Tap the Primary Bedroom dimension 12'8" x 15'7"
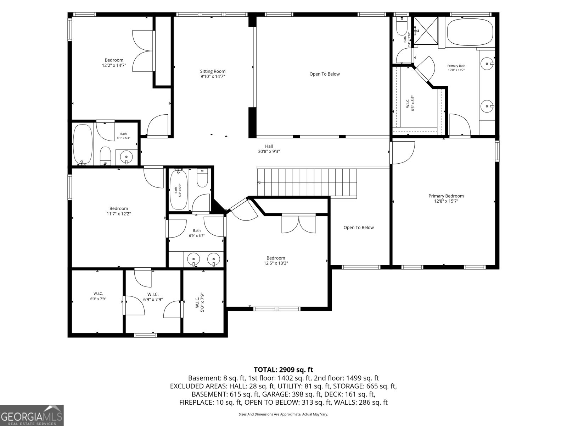[x=446, y=201]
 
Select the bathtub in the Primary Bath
[x=470, y=32]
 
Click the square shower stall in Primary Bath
[x=426, y=31]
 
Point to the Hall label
[x=269, y=146]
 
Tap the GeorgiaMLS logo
[x=32, y=415]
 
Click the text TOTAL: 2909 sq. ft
[x=283, y=370]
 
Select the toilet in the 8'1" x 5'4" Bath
[x=105, y=156]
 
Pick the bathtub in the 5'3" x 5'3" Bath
[x=178, y=189]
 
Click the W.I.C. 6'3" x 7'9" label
[x=98, y=296]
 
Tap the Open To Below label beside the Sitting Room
[x=325, y=74]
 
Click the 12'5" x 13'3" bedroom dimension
[x=276, y=263]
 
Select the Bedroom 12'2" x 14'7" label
[x=114, y=63]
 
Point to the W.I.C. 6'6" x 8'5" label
[x=410, y=103]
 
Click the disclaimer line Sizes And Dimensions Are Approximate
[x=283, y=414]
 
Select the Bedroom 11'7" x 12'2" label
[x=119, y=211]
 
